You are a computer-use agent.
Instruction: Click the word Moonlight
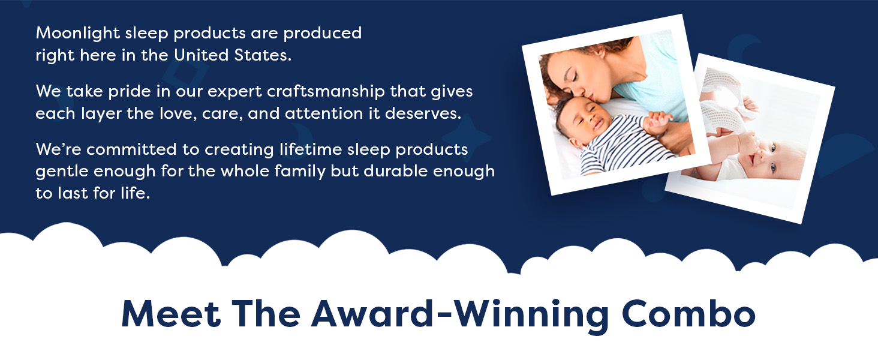pos(77,34)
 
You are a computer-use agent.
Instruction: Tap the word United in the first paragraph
pos(201,55)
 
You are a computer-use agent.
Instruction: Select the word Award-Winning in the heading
pos(460,316)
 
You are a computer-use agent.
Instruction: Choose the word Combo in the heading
pos(688,314)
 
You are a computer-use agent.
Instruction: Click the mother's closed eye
pos(575,77)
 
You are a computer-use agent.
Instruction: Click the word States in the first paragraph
pos(263,55)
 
